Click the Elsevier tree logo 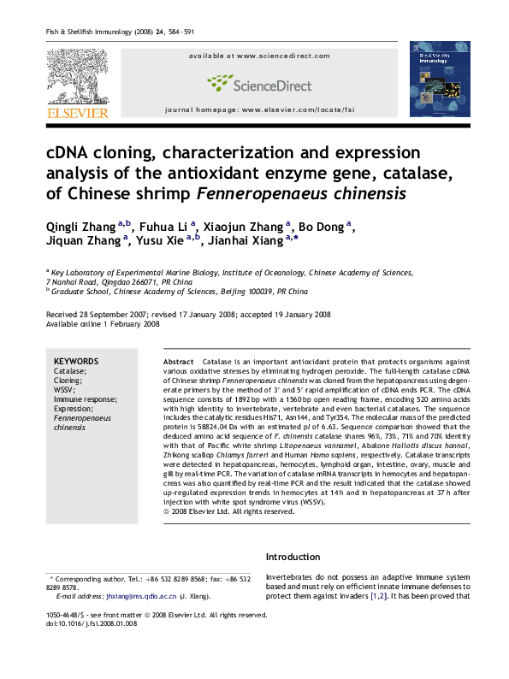pyautogui.click(x=76, y=76)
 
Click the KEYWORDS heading pyautogui.click(x=76, y=361)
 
